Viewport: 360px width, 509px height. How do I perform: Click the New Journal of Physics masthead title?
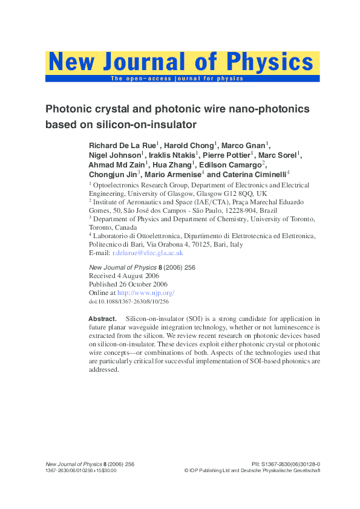click(x=182, y=62)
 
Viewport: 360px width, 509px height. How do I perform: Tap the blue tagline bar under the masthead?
click(x=182, y=79)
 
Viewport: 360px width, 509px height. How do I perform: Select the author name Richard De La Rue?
click(x=122, y=146)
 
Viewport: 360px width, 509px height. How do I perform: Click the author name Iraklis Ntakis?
click(x=172, y=155)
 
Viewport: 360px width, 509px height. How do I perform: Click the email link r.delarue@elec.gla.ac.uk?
click(x=148, y=253)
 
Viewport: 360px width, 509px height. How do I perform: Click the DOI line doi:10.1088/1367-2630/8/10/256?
click(x=128, y=301)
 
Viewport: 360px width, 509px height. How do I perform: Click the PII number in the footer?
click(x=285, y=464)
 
